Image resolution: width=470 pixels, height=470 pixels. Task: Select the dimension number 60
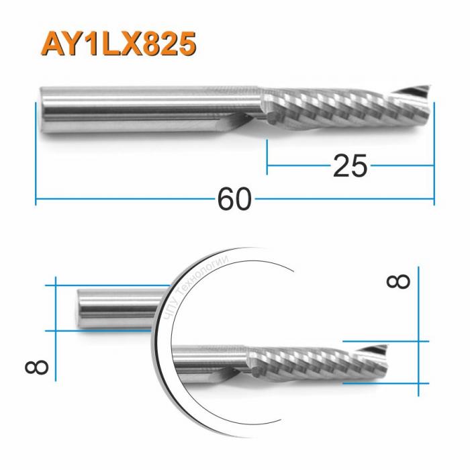234,199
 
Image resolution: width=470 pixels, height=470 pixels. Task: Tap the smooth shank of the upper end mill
148,107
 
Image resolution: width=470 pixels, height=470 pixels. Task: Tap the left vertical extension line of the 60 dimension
35,154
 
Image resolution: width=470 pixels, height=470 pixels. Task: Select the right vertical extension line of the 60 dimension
434,154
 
